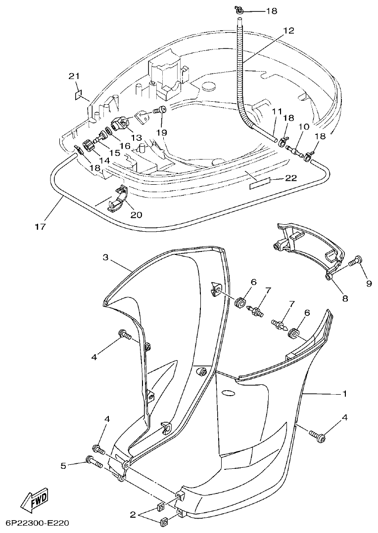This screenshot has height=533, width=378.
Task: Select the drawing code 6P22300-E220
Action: (x=37, y=523)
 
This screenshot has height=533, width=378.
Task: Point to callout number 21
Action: (x=74, y=76)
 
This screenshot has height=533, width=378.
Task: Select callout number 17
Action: (x=40, y=227)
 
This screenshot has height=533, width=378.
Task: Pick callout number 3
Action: (x=105, y=257)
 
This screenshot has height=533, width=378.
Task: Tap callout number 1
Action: (x=344, y=394)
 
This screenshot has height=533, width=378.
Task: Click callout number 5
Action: (x=63, y=465)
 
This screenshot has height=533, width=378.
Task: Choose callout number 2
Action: (x=133, y=515)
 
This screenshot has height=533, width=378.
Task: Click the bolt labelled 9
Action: (x=355, y=263)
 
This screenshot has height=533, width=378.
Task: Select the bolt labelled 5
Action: (x=94, y=462)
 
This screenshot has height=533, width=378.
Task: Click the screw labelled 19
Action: (x=160, y=110)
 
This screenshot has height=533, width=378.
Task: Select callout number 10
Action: (x=303, y=127)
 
